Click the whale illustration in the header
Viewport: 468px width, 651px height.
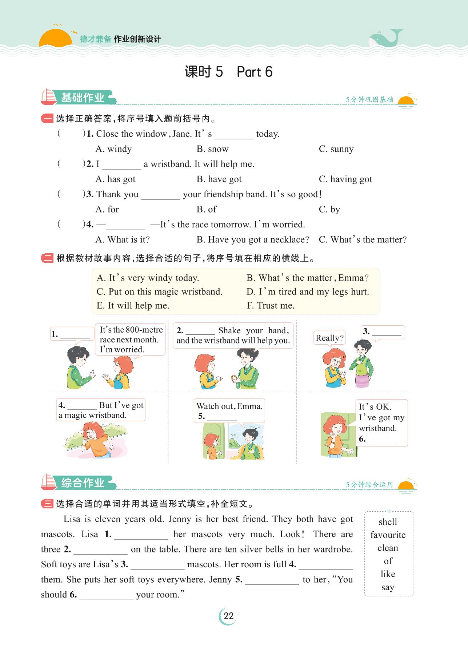(x=385, y=38)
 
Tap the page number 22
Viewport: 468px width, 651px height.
(x=228, y=616)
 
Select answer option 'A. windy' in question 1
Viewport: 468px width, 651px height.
(x=113, y=149)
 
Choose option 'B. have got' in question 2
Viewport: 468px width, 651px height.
(x=219, y=179)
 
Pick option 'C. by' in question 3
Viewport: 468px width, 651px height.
(x=329, y=210)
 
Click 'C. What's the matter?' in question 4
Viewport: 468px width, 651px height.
(x=363, y=240)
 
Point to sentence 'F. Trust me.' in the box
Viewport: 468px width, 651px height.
(x=271, y=306)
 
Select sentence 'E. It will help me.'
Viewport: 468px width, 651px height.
(x=133, y=306)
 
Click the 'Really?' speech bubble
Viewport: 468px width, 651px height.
(x=329, y=338)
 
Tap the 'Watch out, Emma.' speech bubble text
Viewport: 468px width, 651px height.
(x=229, y=406)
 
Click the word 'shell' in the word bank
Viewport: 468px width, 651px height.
(x=388, y=522)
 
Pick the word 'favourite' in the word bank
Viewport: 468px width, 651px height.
(x=388, y=535)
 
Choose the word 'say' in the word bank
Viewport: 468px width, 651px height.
(x=388, y=587)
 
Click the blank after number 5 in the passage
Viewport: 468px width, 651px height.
(x=272, y=580)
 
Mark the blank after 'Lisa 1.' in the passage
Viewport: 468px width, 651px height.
(x=141, y=535)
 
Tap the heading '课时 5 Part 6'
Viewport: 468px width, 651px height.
(x=228, y=72)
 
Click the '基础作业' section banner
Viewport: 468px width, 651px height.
(x=82, y=98)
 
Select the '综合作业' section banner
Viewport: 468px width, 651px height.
(x=82, y=483)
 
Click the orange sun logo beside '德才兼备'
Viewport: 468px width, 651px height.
(x=55, y=38)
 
